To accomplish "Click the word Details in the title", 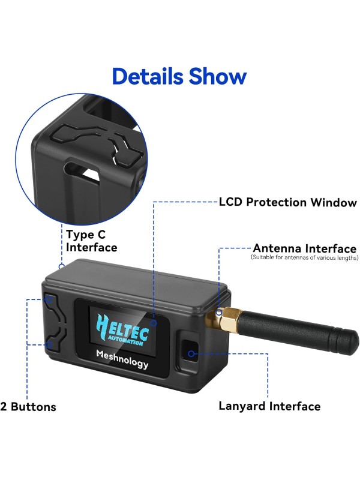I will pos(147,77).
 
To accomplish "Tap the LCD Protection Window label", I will pos(288,202).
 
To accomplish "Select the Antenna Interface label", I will pos(304,248).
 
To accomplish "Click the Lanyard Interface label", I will pos(269,406).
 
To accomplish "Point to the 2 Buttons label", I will pos(28,407).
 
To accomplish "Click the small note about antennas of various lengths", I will pos(304,257).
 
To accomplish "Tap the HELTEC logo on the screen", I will pos(119,328).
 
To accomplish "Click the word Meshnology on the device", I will pos(122,358).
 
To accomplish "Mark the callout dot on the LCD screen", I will pos(154,323).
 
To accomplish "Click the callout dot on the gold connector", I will pos(219,313).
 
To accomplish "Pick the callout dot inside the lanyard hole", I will pos(191,353).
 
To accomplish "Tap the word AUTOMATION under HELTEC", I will pos(127,341).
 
